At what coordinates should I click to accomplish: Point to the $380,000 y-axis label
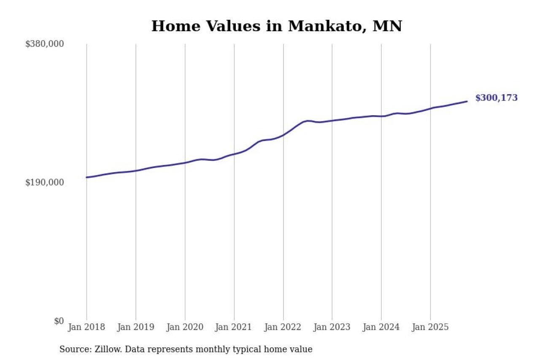tap(45, 44)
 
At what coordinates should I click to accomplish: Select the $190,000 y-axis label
tap(45, 182)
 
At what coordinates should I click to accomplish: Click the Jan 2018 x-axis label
tap(86, 327)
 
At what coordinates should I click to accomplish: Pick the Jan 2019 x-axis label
tap(136, 327)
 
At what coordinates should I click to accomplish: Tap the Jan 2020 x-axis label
tap(185, 327)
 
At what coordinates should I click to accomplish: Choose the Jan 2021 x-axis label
tap(234, 327)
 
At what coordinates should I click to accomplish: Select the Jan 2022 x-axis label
tap(283, 327)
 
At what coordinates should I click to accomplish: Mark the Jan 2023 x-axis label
tap(332, 327)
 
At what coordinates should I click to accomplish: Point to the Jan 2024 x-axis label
tap(381, 327)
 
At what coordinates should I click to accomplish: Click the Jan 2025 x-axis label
tap(430, 327)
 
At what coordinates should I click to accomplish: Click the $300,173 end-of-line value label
tap(496, 98)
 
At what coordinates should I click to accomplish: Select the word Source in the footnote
tap(73, 349)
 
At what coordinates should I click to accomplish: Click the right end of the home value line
tap(467, 101)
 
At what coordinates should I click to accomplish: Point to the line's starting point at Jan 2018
tap(86, 177)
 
